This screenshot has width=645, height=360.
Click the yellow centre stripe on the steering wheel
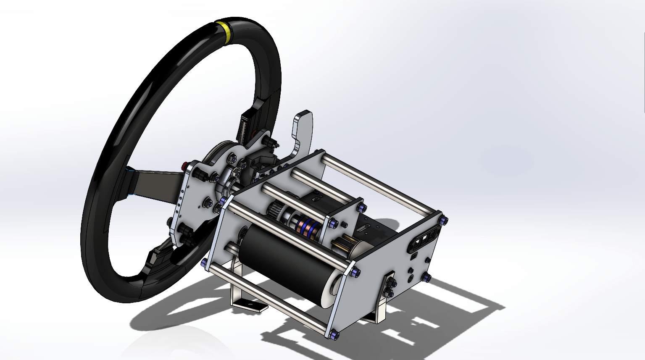pos(227,31)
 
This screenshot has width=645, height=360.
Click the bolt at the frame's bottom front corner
pos(334,335)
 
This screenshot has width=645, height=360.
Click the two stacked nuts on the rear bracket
pos(390,288)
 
